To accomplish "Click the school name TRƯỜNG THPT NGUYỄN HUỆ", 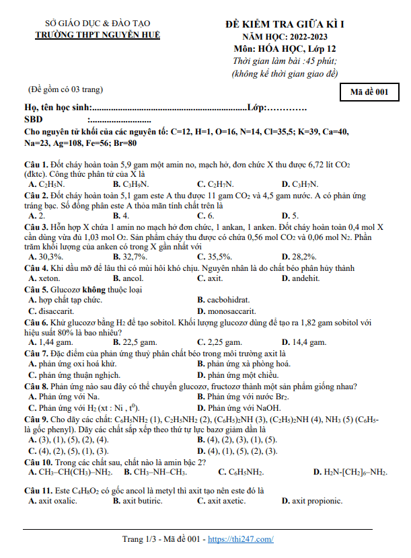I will pos(98,34).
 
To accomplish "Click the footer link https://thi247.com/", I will pos(241,539).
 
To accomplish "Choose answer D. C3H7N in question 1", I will pos(300,184).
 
